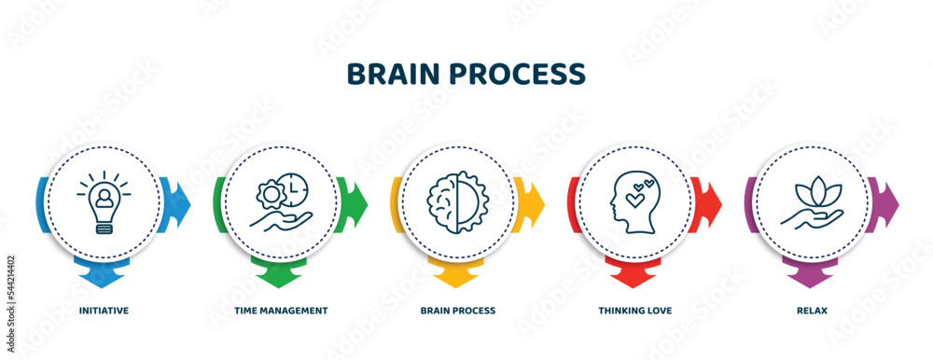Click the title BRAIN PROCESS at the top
(466, 74)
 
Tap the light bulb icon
(103, 202)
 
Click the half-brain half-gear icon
(457, 201)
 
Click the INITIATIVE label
(103, 310)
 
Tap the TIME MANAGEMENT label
(280, 310)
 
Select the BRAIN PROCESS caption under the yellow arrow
(457, 310)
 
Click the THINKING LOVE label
(634, 310)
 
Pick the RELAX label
(812, 310)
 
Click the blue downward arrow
(103, 275)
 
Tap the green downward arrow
(280, 275)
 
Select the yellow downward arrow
(457, 275)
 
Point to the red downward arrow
(634, 275)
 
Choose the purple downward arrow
(812, 275)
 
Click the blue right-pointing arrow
(179, 201)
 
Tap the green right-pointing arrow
(356, 201)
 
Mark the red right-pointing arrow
(711, 201)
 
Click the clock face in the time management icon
(293, 188)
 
